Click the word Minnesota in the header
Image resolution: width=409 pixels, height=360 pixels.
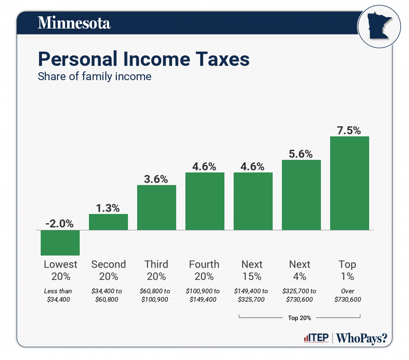74,23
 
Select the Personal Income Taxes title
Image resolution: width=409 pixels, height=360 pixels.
143,59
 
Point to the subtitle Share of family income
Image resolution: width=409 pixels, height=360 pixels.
94,77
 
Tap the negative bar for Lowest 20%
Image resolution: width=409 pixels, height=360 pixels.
60,243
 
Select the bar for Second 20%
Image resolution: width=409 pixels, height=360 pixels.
108,222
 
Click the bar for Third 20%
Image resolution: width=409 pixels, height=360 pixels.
156,207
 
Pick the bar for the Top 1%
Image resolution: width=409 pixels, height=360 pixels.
349,183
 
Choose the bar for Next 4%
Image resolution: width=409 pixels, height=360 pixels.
301,195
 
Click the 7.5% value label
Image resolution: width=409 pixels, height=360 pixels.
349,130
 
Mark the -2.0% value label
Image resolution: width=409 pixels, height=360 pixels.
60,224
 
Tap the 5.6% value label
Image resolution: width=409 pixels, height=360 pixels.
301,154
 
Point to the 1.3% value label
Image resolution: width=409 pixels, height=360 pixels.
108,208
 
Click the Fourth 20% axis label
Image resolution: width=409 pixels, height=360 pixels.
204,270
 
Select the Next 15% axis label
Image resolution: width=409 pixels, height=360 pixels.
252,270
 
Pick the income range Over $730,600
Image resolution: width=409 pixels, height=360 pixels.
348,295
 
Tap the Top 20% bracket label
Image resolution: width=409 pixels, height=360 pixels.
300,318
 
